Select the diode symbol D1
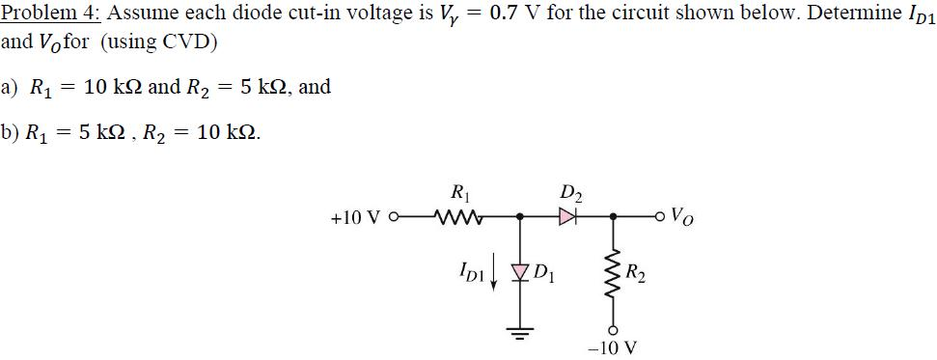click(522, 264)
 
